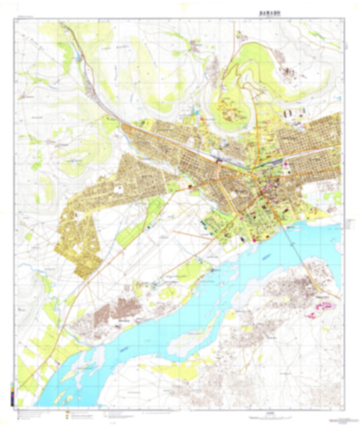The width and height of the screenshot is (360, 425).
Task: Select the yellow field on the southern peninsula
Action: (172, 368)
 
